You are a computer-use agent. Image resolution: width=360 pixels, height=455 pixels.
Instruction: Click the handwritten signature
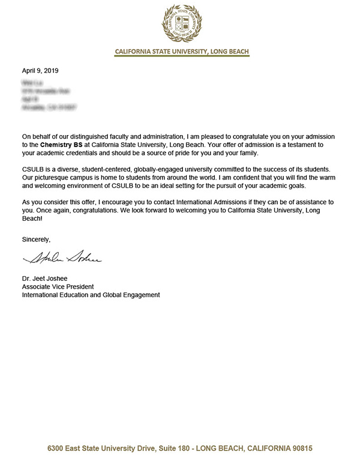(x=63, y=260)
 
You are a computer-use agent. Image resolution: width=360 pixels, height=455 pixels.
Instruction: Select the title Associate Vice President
(x=58, y=286)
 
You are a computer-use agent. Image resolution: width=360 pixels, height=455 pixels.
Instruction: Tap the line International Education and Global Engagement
(x=91, y=295)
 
